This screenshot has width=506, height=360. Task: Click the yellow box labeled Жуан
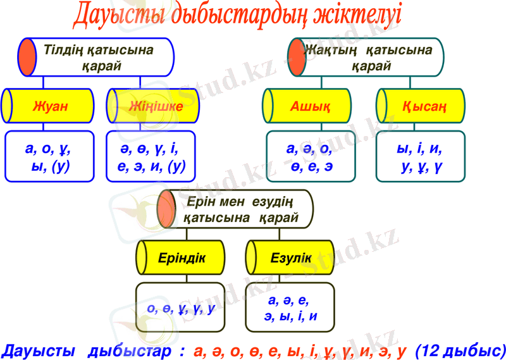point(48,106)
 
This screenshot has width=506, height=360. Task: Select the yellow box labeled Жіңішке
point(153,106)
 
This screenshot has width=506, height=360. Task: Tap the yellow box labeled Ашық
point(307,106)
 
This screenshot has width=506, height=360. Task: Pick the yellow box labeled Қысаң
point(421,106)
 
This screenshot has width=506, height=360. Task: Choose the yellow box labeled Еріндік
point(180,258)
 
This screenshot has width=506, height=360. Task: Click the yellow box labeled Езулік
point(290,258)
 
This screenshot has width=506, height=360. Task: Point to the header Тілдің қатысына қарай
point(96,57)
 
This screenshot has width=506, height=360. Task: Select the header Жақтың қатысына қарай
point(366,57)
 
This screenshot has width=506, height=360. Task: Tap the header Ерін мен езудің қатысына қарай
point(235,209)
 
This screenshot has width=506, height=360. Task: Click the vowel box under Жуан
point(49,156)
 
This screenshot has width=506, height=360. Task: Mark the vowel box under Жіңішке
point(151,156)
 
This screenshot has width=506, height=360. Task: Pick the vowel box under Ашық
point(311,156)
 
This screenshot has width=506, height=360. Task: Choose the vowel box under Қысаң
point(421,156)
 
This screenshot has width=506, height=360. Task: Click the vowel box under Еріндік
point(180,307)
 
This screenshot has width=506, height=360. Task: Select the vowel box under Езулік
point(290,307)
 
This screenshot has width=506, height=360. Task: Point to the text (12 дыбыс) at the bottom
point(460,351)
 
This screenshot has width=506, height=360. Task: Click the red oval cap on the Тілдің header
point(27,57)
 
